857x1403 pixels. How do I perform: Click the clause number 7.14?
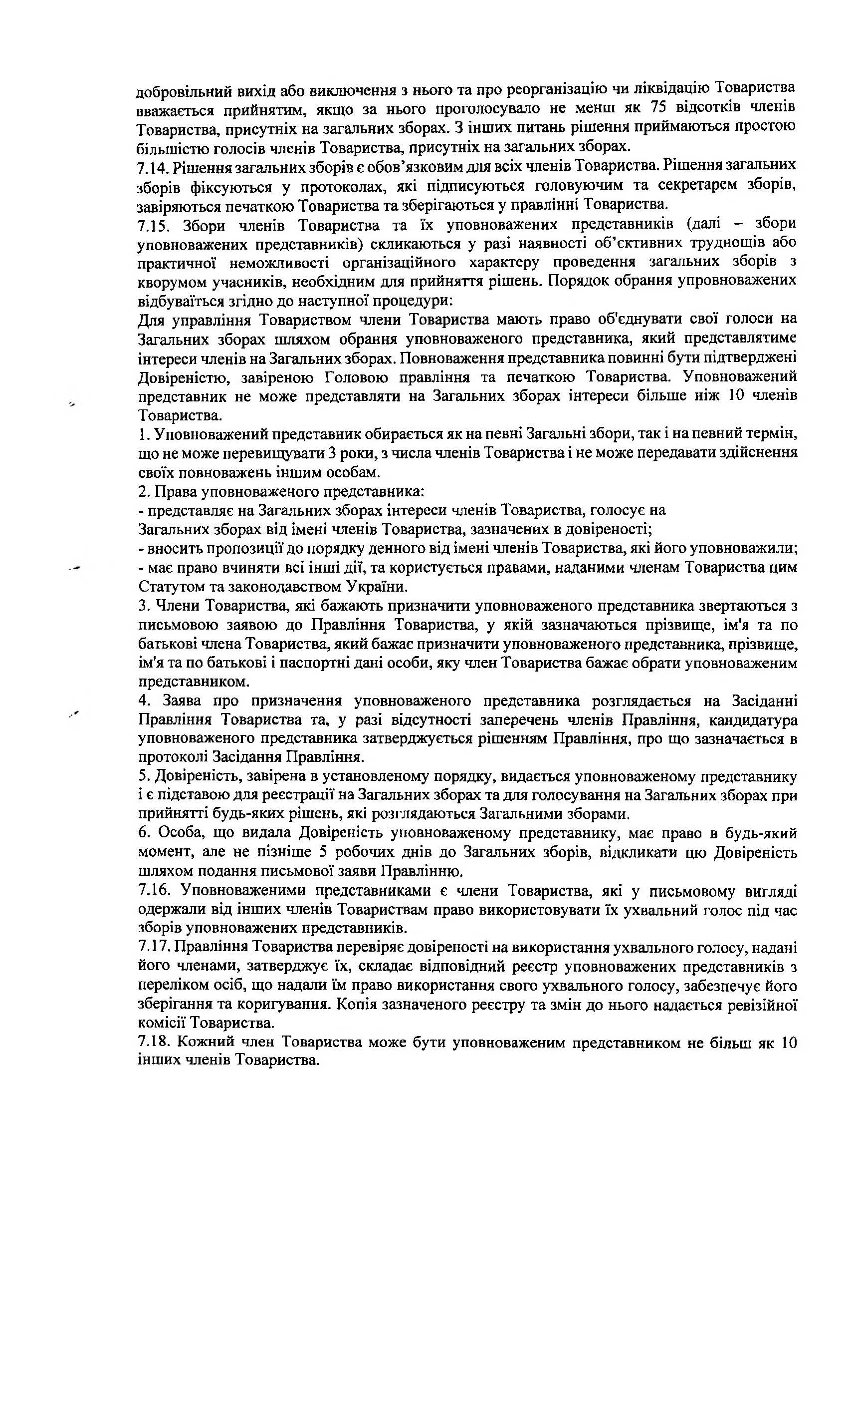[x=153, y=167]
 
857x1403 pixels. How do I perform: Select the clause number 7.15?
[x=154, y=226]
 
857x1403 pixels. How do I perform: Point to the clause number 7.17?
[x=154, y=948]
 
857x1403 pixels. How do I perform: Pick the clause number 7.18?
[x=154, y=1043]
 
